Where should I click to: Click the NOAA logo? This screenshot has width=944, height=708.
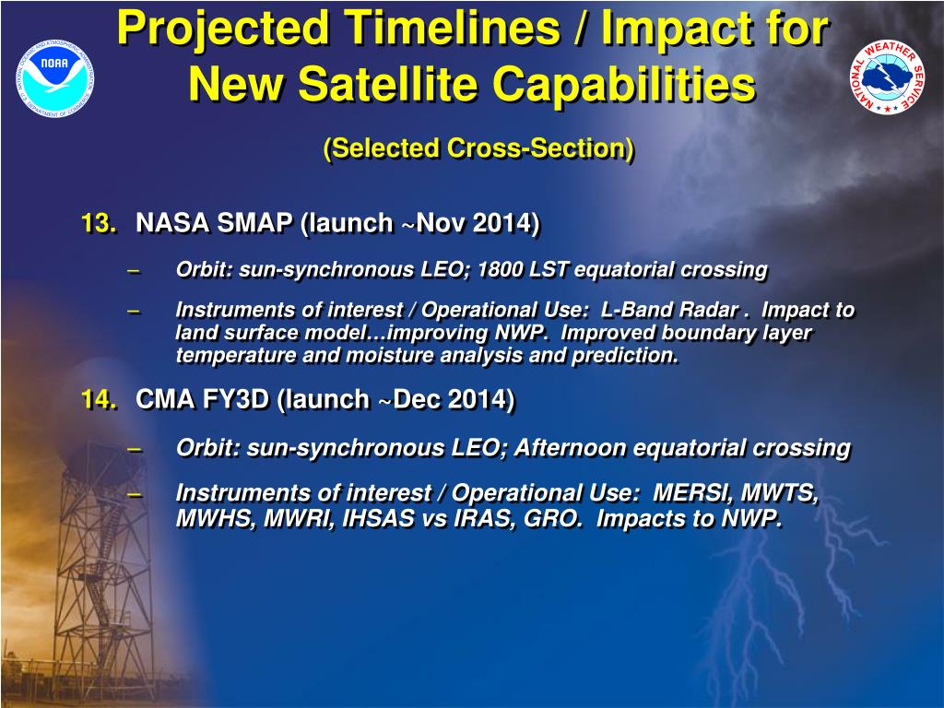55,78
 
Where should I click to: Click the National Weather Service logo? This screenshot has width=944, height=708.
888,77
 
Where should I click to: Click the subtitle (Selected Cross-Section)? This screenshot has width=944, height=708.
478,148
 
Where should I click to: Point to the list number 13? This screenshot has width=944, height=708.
100,223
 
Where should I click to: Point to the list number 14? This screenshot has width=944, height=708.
100,399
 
